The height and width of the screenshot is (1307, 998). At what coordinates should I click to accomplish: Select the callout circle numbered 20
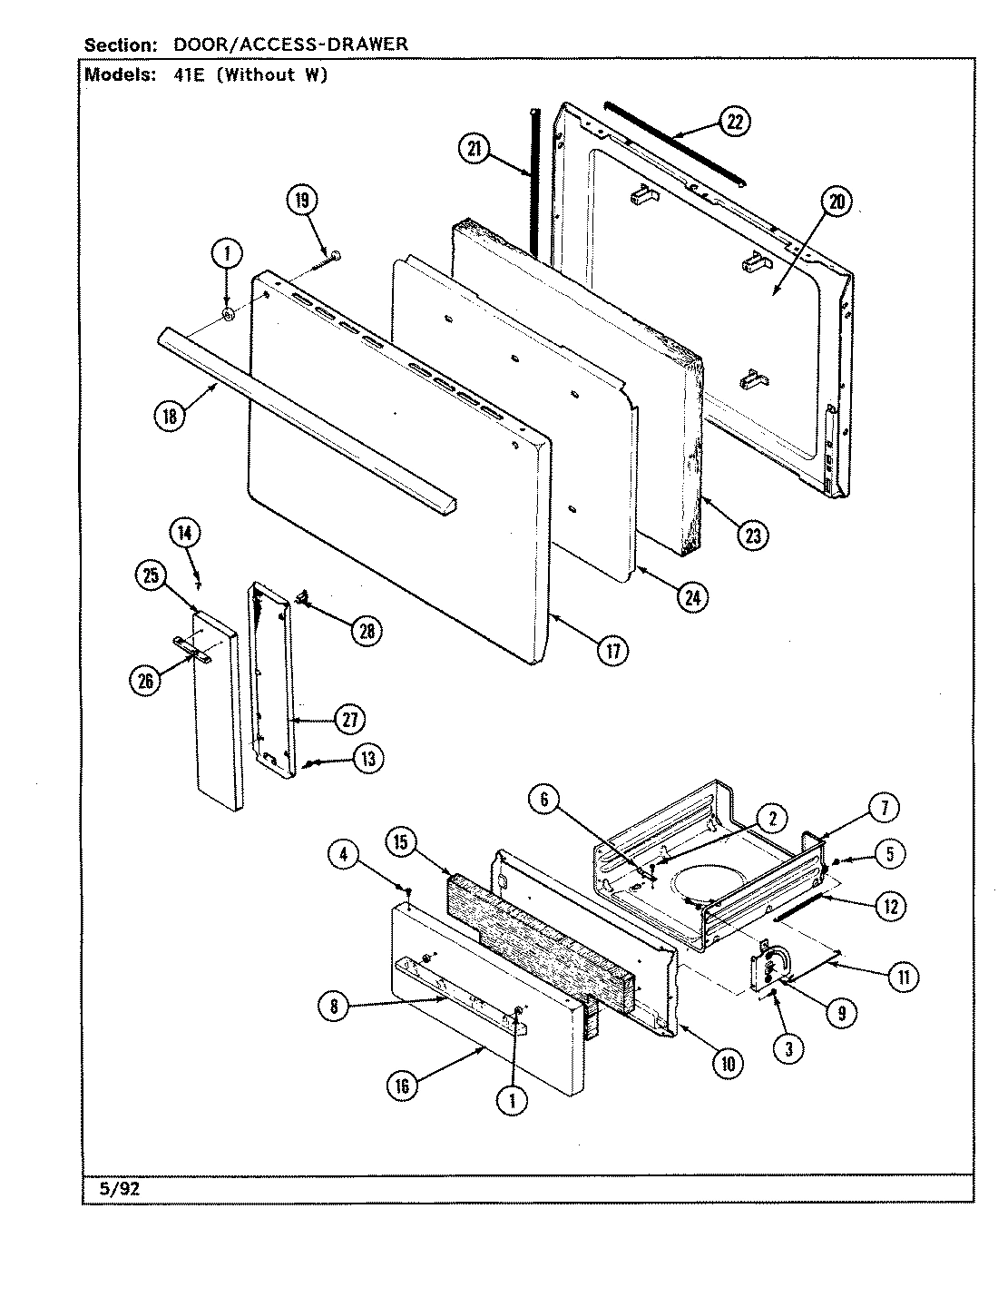pyautogui.click(x=836, y=203)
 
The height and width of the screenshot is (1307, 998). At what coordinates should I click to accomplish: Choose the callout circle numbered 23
pyautogui.click(x=752, y=536)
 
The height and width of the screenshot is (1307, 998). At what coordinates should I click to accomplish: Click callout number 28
pyautogui.click(x=367, y=630)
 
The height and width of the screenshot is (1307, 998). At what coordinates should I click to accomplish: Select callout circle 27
pyautogui.click(x=349, y=720)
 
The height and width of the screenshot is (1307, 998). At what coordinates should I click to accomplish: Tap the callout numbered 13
pyautogui.click(x=367, y=759)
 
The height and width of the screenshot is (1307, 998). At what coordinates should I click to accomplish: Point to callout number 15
pyautogui.click(x=400, y=842)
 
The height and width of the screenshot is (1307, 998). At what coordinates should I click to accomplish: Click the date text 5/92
pyautogui.click(x=113, y=1190)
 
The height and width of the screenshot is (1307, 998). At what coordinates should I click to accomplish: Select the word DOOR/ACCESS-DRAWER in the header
pyautogui.click(x=284, y=44)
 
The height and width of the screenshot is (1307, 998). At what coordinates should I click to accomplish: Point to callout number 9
pyautogui.click(x=840, y=1014)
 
